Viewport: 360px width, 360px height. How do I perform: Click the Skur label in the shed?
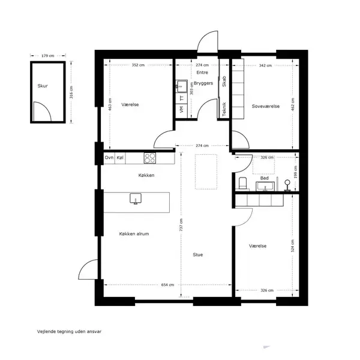[43, 86]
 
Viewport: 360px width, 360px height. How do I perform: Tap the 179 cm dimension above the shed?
[48, 56]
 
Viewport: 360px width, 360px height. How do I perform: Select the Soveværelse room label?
[266, 106]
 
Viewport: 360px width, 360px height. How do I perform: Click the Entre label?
[202, 73]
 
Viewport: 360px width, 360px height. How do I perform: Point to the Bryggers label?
[203, 83]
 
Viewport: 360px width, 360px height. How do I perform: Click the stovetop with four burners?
[149, 158]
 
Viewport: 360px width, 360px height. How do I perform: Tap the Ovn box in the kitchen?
[109, 158]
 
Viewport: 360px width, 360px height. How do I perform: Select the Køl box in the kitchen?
[120, 158]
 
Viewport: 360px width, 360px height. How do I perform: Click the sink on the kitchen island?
[136, 199]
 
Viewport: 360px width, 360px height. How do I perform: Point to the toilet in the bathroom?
[242, 183]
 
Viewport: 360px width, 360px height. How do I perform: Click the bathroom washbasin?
[265, 186]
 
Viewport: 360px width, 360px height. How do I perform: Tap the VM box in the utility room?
[182, 110]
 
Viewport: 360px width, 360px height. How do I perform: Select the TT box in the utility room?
[182, 98]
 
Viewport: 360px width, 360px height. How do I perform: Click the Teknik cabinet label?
[224, 109]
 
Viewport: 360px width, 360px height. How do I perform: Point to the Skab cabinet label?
[224, 81]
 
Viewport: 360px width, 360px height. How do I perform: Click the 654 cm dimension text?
[167, 285]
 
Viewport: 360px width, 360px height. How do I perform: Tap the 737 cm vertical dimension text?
[181, 224]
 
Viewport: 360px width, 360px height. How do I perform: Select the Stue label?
[197, 254]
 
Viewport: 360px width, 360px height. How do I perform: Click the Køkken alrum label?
[134, 234]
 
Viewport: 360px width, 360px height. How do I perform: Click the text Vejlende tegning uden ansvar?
[69, 332]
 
